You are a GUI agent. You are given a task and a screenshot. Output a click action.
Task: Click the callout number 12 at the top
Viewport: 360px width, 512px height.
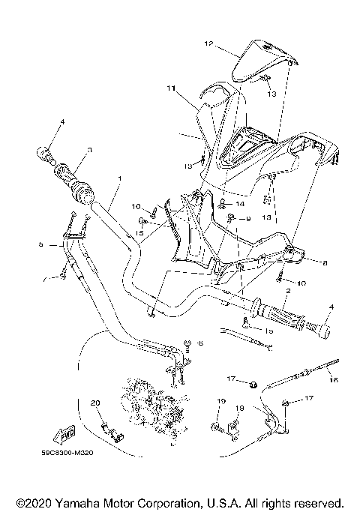coord(208,44)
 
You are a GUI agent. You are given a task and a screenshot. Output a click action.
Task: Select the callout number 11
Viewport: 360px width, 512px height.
coord(171,88)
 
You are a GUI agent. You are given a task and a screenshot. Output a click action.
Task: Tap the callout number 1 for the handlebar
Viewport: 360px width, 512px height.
coord(118,179)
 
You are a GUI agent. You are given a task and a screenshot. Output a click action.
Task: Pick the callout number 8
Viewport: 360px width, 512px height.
coord(325,263)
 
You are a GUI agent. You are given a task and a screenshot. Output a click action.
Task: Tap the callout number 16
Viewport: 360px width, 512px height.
coord(334,380)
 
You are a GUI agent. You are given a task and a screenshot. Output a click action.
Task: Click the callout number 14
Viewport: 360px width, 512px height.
coord(240,204)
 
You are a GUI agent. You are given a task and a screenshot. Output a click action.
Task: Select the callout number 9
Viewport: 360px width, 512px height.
coord(248,218)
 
